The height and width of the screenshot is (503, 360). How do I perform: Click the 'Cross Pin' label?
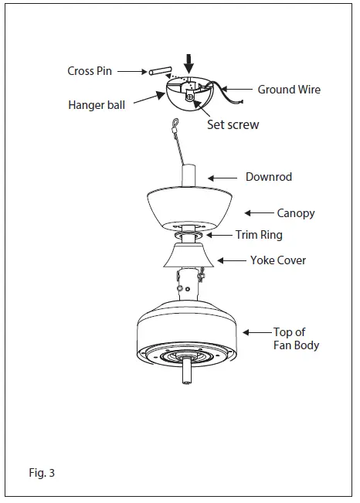90,71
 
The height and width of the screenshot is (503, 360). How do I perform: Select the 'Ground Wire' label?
289,90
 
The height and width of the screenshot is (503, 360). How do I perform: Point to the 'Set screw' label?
233,124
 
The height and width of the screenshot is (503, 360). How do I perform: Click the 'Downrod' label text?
269,177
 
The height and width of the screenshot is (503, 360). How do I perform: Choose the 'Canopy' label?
296,212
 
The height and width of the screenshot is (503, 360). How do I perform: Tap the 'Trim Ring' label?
259,235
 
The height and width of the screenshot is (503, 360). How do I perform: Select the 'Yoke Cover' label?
277,260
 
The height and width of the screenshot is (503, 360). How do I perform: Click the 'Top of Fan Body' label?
296,338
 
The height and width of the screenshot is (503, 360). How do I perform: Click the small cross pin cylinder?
159,71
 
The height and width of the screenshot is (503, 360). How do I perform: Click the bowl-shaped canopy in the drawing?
191,207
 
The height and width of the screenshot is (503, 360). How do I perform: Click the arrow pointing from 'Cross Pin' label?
132,71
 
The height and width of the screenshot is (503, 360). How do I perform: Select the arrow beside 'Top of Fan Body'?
256,332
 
